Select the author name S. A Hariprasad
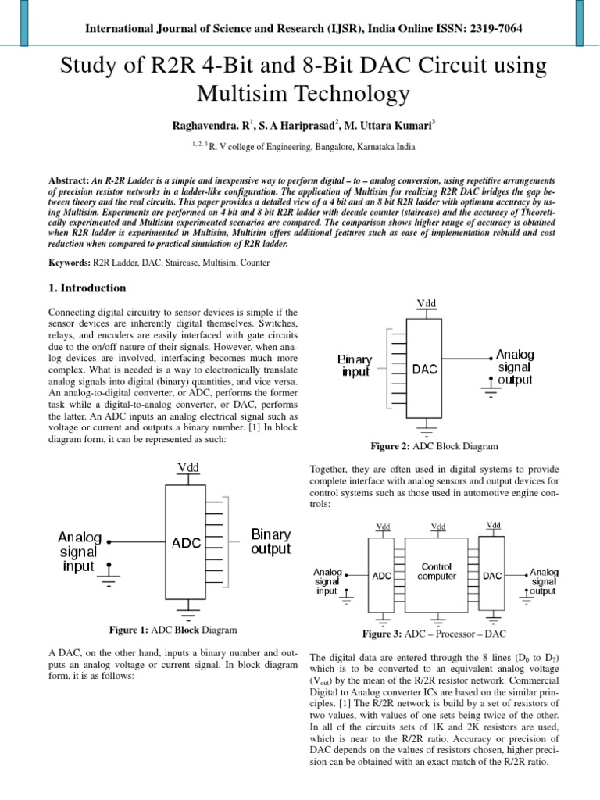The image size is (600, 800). (298, 125)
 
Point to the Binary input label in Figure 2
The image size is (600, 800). (355, 366)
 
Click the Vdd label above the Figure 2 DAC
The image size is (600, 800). (427, 302)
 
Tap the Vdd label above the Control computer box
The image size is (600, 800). (437, 527)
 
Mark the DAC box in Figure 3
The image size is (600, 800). (494, 576)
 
